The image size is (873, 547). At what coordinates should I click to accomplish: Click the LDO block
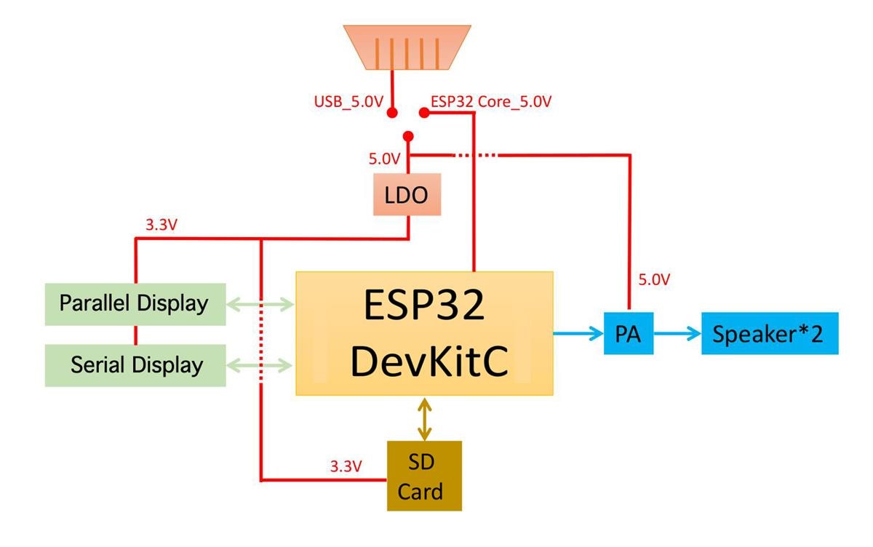click(x=407, y=194)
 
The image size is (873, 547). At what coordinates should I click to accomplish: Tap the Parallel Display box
click(x=134, y=303)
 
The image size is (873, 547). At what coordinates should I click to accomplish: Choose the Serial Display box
click(x=135, y=364)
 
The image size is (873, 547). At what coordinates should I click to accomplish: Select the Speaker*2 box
click(x=769, y=335)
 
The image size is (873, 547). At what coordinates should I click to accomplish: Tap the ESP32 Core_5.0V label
click(x=491, y=101)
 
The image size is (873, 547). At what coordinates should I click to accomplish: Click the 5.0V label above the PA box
click(x=654, y=279)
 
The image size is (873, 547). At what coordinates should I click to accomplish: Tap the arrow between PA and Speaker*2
click(x=677, y=335)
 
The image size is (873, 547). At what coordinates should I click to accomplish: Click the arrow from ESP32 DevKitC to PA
click(x=578, y=335)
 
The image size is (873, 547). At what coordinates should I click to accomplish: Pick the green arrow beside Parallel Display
click(x=259, y=303)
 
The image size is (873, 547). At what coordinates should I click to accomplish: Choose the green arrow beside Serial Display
click(x=259, y=364)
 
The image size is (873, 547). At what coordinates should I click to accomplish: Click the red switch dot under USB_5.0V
click(x=392, y=113)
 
